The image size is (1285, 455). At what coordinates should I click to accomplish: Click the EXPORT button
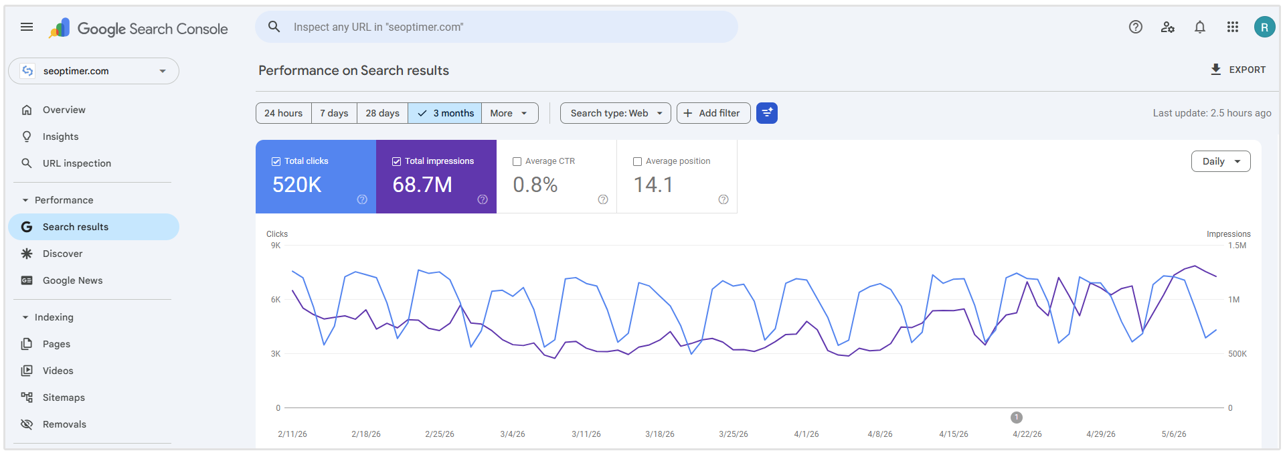1238,70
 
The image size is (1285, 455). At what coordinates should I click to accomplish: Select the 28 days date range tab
382,113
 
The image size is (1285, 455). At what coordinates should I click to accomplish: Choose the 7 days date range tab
334,113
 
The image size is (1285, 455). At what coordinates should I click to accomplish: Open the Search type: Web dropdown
615,113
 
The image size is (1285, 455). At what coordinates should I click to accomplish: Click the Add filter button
713,113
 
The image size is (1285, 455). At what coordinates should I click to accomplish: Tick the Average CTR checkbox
517,161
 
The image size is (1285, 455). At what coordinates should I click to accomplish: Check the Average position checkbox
637,161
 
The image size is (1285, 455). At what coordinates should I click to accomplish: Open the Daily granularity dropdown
1221,161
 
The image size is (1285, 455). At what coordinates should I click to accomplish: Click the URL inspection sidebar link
77,163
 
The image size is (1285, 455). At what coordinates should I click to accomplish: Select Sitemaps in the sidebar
64,397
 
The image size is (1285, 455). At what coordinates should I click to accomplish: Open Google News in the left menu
72,280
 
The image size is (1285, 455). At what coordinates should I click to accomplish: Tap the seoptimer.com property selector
94,71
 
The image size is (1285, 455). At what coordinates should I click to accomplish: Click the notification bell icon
1200,27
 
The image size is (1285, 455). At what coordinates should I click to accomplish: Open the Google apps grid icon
1233,27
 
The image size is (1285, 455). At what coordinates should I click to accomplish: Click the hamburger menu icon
27,27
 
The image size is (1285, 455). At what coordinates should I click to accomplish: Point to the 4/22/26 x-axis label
1027,434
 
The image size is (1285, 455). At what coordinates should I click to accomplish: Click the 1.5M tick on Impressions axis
1237,246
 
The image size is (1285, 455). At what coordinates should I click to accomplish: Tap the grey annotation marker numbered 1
1017,418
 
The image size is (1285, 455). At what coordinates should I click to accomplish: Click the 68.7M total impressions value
422,185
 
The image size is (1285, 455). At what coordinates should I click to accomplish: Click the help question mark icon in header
1136,27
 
